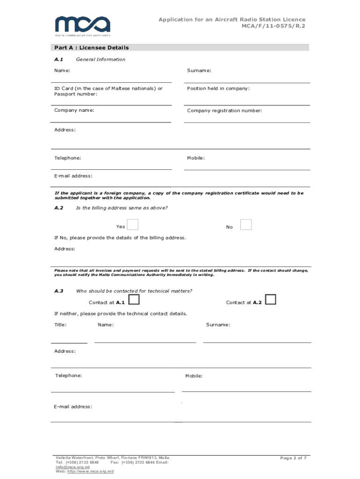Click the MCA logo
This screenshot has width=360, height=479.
[x=82, y=25]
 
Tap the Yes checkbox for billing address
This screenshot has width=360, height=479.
[x=133, y=225]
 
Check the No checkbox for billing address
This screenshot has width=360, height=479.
[x=246, y=225]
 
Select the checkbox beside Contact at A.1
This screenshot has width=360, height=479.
[x=134, y=300]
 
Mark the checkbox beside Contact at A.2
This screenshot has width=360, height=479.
[x=270, y=299]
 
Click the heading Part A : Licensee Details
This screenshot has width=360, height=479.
[x=92, y=48]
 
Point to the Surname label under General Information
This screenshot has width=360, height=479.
[x=199, y=71]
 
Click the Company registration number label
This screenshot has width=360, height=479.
[x=224, y=111]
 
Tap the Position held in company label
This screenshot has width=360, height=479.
[x=218, y=88]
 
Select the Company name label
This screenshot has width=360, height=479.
[x=74, y=110]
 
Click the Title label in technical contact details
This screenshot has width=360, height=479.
[x=60, y=325]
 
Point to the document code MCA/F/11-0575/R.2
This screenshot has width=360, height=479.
[x=273, y=27]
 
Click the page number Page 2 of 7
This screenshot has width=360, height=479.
[x=293, y=458]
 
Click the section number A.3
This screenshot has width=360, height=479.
[x=59, y=291]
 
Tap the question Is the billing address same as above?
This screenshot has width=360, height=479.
[x=122, y=208]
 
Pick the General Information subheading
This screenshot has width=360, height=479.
[x=101, y=59]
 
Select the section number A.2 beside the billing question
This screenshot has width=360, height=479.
[x=59, y=208]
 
